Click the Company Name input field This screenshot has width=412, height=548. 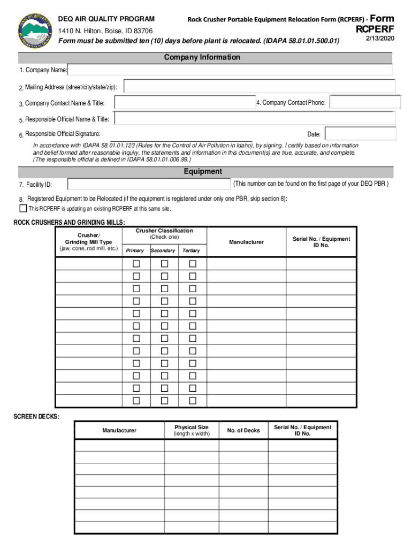(230, 70)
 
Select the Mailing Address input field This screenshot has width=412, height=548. (260, 87)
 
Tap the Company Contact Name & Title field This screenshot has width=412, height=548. (185, 102)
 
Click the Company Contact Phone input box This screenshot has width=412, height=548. (364, 102)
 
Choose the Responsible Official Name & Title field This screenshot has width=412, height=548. (254, 119)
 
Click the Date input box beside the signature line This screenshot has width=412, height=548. (360, 134)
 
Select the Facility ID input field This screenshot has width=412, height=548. (149, 184)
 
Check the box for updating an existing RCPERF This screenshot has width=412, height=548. (23, 208)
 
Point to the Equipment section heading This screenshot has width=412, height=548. (203, 172)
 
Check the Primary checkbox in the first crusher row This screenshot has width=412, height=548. (136, 264)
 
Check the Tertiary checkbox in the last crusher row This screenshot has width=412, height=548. (193, 401)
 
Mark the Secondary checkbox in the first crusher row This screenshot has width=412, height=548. (164, 264)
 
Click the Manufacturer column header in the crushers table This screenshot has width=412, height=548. (246, 242)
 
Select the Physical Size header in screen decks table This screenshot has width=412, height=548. (191, 430)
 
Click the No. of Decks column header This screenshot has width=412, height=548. (243, 430)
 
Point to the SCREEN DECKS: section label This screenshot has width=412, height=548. (36, 416)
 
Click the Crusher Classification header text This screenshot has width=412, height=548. (164, 233)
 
